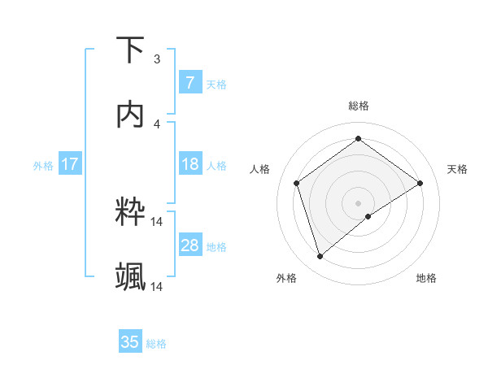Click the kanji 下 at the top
(x=131, y=50)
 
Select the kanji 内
(x=131, y=115)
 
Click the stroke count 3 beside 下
(x=157, y=59)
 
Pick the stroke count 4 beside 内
(x=157, y=124)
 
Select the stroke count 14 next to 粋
(x=157, y=221)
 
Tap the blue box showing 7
(x=190, y=83)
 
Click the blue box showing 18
(x=190, y=164)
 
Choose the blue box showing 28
(x=190, y=245)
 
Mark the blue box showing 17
(x=70, y=164)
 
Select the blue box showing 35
(x=130, y=342)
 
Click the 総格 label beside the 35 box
(x=156, y=344)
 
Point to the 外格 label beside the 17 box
(x=43, y=165)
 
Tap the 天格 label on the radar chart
(x=458, y=169)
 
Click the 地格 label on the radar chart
(x=426, y=278)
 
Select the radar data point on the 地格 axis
(x=368, y=216)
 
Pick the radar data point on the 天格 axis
(x=420, y=183)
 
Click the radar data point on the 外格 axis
(x=320, y=257)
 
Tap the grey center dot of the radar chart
(x=358, y=202)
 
